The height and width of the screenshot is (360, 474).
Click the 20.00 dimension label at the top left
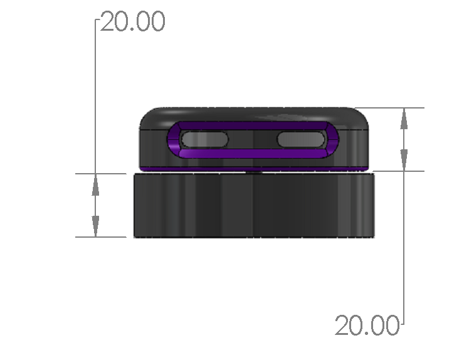coord(133,21)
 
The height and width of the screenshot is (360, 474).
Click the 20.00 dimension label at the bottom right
coord(367,325)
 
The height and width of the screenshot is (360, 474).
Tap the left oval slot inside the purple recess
coord(204,139)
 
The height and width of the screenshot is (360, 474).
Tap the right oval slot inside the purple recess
coord(301,139)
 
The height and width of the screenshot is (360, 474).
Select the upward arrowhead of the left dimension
coord(95,186)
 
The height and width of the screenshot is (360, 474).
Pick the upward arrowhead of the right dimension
coord(404,119)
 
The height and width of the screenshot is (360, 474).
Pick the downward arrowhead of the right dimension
coord(404,159)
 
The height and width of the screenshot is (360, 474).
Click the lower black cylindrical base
coord(254,205)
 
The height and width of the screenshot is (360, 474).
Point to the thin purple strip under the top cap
coord(254,169)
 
